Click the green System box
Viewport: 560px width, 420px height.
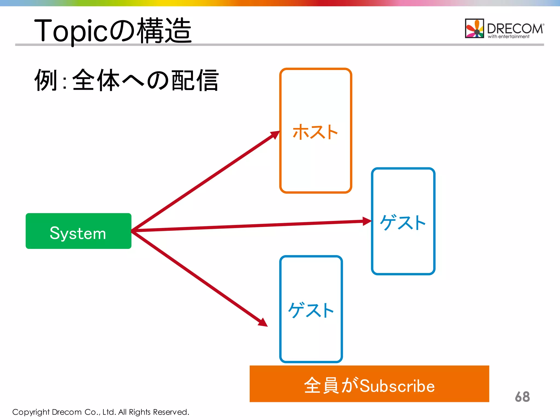(78, 231)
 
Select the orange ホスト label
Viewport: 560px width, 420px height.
(315, 132)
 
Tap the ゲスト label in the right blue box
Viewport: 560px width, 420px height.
(403, 223)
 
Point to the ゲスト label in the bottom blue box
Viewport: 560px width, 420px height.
(311, 311)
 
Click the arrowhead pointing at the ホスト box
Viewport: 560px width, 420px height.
(275, 135)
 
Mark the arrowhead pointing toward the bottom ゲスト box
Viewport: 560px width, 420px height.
(263, 323)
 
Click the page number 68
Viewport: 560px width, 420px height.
(522, 397)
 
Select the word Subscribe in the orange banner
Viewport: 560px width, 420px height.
(397, 386)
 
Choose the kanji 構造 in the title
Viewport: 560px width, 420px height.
(164, 31)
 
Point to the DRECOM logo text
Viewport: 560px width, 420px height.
(515, 28)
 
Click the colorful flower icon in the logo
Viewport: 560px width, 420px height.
(474, 28)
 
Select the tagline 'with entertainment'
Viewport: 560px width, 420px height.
(508, 37)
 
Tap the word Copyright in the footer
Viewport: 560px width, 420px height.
(31, 412)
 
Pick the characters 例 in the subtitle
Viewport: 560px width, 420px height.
(46, 80)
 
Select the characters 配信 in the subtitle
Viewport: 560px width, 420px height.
(195, 80)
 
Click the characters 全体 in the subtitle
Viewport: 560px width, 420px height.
(96, 80)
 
